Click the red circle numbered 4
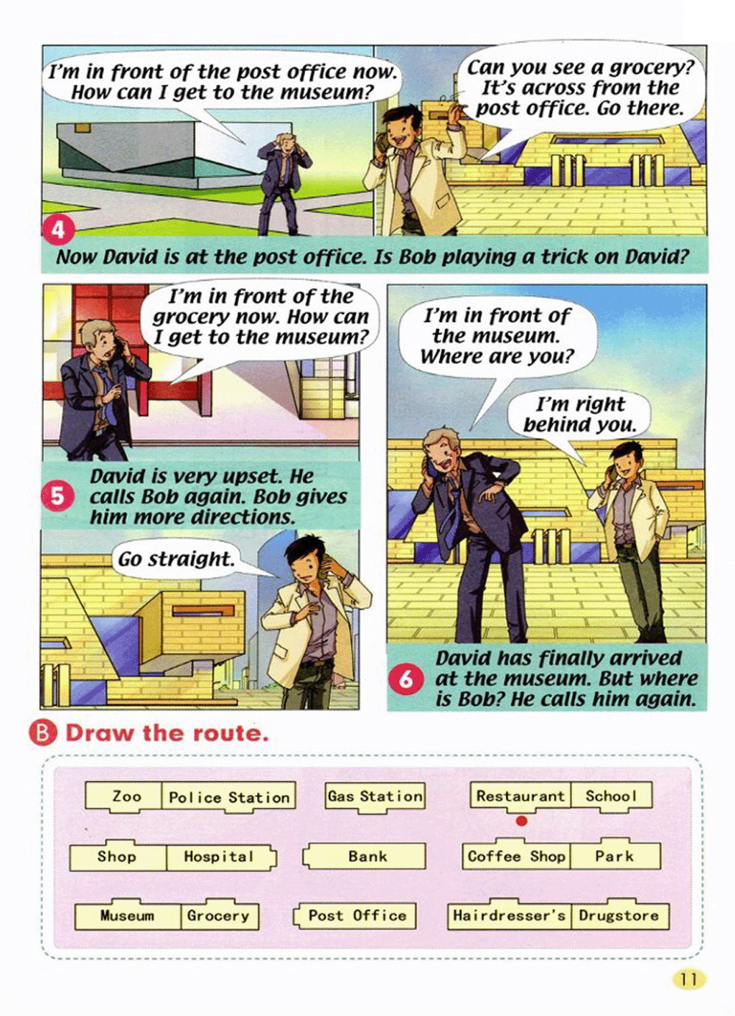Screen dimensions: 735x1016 tap(58, 230)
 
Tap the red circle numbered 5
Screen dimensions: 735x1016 tap(57, 496)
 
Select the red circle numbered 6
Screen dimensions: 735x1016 tap(406, 679)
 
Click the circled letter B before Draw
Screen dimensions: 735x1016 tap(43, 733)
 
